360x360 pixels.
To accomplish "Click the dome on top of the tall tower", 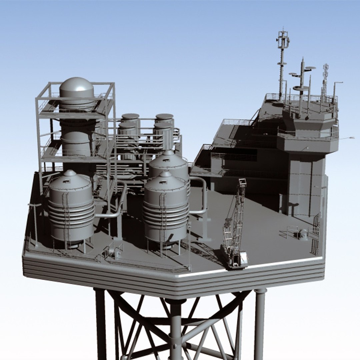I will click(x=76, y=87).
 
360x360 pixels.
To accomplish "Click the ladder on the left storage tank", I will click(x=66, y=217).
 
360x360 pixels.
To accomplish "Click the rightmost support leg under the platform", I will click(x=260, y=323).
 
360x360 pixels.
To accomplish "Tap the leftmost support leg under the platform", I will click(x=100, y=323).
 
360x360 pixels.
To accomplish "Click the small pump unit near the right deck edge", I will click(x=303, y=234).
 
